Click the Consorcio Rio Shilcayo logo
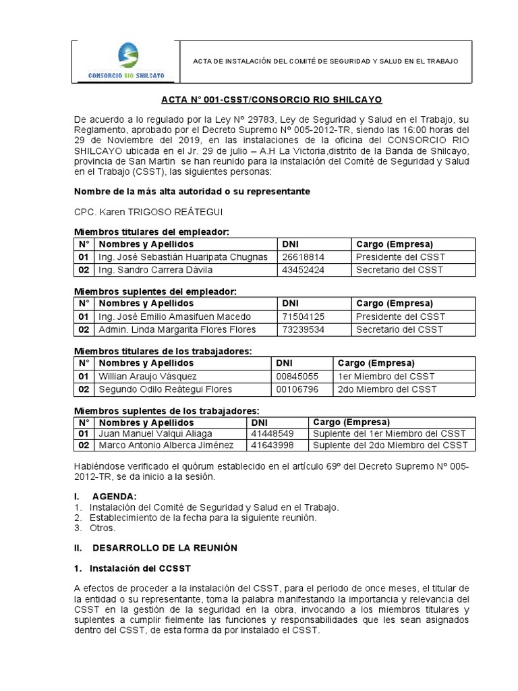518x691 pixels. click(x=127, y=61)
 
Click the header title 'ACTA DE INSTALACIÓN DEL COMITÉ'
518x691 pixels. click(x=325, y=61)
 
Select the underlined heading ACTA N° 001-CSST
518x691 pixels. click(x=271, y=99)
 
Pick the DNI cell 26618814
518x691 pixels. click(x=303, y=256)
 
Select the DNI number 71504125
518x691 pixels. click(x=303, y=316)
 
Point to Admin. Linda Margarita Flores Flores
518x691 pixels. click(x=177, y=329)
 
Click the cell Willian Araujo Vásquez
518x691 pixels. click(x=147, y=376)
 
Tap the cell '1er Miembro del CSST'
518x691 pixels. click(x=386, y=376)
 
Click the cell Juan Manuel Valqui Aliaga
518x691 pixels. click(x=155, y=433)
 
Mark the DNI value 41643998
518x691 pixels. click(x=272, y=445)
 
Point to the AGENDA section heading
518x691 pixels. click(x=114, y=497)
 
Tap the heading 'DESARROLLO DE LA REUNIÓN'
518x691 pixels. click(x=165, y=547)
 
